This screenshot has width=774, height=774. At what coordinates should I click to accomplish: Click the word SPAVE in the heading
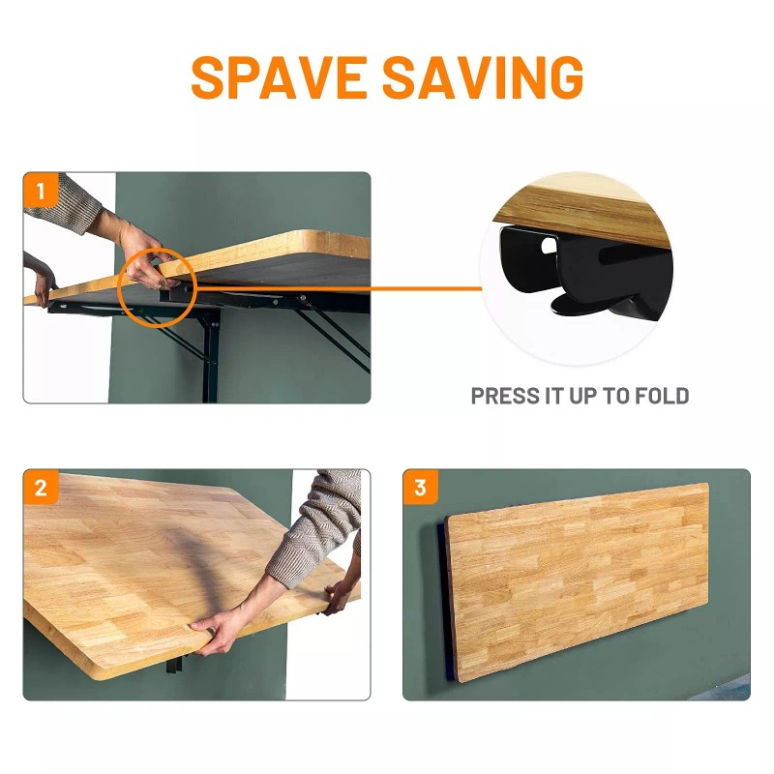[x=279, y=77]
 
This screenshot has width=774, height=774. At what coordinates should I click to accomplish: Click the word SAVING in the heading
[x=483, y=77]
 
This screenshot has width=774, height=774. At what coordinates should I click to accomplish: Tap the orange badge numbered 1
[x=41, y=190]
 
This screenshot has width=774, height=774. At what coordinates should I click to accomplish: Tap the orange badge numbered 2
[x=41, y=488]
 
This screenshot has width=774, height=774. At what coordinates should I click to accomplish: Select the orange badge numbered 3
[x=420, y=488]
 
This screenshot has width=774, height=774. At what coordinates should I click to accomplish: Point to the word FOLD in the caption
[x=662, y=396]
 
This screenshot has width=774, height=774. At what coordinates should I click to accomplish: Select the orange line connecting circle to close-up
[x=340, y=288]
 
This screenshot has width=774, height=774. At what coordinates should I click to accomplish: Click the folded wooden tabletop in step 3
[x=578, y=582]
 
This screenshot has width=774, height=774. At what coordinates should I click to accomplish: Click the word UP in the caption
[x=584, y=396]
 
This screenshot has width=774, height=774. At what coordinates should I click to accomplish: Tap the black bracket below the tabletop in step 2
[x=175, y=662]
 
